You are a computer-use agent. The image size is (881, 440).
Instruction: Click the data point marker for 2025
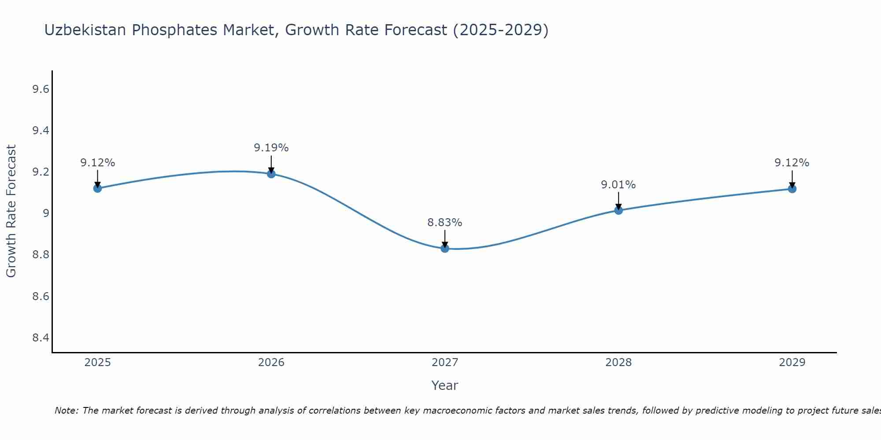[97, 188]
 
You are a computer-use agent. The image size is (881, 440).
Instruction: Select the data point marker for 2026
[271, 174]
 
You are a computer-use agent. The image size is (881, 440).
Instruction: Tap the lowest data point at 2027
[445, 248]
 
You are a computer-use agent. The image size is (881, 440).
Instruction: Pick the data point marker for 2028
[618, 210]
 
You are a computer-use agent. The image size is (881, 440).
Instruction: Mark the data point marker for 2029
[792, 189]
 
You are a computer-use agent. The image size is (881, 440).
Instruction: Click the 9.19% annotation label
[271, 148]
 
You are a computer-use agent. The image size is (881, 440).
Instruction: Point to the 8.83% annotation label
[445, 223]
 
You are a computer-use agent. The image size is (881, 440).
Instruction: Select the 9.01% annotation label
[618, 185]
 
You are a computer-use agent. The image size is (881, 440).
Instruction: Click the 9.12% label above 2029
[792, 163]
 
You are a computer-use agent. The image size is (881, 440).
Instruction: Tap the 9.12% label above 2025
[97, 163]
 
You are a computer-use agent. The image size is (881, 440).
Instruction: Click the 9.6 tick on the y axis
[41, 89]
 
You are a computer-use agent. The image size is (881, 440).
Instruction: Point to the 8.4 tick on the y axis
[41, 338]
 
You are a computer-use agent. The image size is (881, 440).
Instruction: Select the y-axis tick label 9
[45, 213]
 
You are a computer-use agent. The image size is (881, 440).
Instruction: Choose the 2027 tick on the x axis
[445, 363]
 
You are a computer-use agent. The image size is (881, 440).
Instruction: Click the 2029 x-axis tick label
[792, 363]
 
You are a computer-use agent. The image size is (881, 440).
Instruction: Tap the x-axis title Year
[445, 385]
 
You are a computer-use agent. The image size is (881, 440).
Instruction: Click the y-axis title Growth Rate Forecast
[11, 211]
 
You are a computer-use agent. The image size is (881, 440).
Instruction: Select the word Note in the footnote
[66, 411]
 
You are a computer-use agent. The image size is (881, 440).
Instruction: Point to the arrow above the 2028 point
[618, 200]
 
